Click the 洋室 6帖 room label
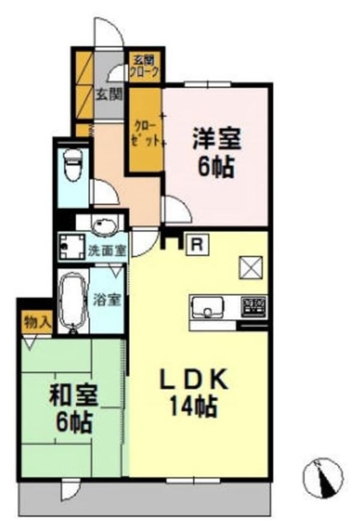click(216, 152)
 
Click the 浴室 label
click(109, 299)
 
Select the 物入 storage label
click(36, 322)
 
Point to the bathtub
click(73, 300)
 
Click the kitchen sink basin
click(207, 308)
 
